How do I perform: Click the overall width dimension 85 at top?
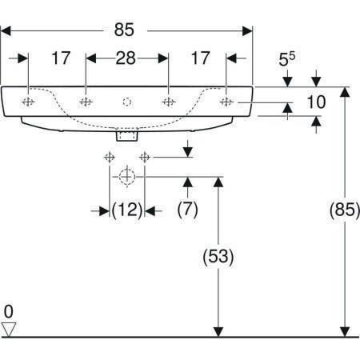click(124, 30)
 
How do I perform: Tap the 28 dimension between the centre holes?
click(126, 58)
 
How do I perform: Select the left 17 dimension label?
click(61, 58)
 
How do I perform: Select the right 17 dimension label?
click(200, 58)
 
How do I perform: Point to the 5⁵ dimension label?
click(287, 59)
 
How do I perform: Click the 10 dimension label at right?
click(316, 102)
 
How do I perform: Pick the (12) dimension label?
click(127, 210)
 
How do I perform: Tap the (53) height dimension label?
click(218, 257)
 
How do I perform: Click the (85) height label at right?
click(345, 210)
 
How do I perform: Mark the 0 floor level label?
click(9, 311)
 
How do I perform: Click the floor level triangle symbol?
click(9, 330)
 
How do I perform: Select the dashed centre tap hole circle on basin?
click(127, 102)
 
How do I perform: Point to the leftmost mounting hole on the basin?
click(28, 102)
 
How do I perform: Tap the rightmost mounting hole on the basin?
click(226, 102)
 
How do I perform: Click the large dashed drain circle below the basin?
click(127, 177)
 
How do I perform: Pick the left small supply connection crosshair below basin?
click(110, 158)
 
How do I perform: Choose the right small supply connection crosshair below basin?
click(145, 158)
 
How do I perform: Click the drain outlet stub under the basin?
click(127, 135)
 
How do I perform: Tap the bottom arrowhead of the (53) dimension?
click(218, 332)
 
